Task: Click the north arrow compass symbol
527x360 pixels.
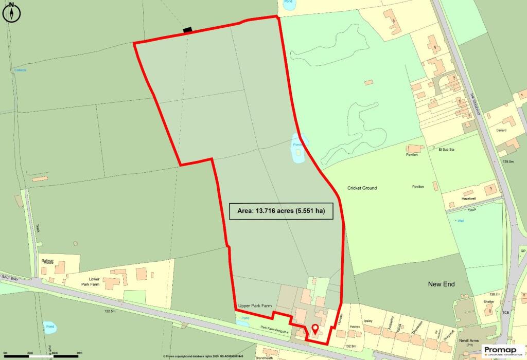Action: coord(11,13)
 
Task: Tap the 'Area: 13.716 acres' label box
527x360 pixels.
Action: coord(281,211)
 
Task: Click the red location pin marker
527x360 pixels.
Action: coord(315,329)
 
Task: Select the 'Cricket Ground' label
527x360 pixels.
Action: coord(362,188)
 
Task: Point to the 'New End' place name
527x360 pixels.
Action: coord(442,284)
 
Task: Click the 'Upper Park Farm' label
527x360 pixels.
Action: coord(255,306)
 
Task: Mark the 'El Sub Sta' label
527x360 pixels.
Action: coord(447,150)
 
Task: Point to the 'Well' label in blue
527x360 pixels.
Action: coord(461,220)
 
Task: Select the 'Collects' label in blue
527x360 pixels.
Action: coord(20,70)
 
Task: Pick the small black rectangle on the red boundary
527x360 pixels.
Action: coord(187,30)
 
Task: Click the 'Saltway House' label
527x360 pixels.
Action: coord(47,262)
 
